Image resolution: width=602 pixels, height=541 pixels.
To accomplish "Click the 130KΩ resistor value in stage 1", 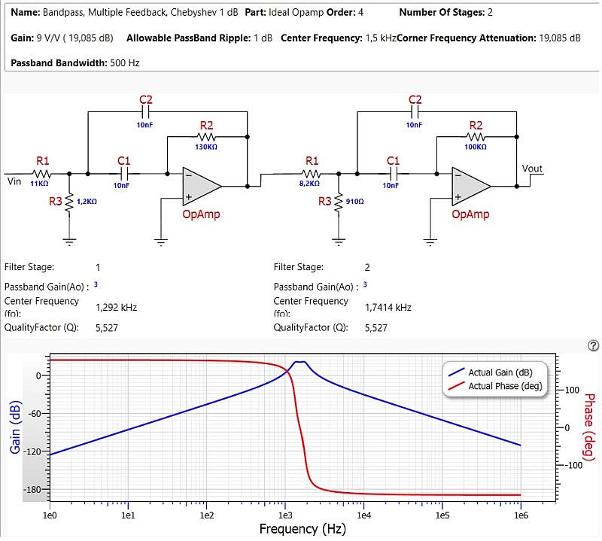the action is [206, 147].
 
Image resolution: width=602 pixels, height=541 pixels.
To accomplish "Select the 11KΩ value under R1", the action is [39, 184].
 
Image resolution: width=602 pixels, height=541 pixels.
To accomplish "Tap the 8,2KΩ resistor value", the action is [309, 184].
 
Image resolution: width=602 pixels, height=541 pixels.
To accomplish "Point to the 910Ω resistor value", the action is [354, 201].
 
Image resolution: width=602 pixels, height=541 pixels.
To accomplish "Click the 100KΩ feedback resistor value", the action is [476, 147].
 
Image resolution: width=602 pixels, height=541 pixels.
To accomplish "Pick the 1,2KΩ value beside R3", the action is [87, 201].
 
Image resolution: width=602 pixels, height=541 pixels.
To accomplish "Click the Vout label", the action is [532, 169].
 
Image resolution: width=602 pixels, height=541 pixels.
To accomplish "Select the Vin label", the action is [14, 181].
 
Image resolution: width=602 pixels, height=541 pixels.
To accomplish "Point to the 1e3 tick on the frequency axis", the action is [285, 515].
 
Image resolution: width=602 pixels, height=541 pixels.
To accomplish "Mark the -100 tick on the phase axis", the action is [573, 465].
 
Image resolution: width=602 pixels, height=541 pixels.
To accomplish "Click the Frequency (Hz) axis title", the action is [303, 529].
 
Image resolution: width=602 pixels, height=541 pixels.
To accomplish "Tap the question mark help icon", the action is [593, 345].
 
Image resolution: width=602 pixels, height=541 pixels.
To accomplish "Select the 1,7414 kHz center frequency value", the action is [388, 307].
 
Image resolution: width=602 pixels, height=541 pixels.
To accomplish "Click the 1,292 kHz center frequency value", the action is [117, 307].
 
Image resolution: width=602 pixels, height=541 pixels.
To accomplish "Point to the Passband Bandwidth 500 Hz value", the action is [125, 63].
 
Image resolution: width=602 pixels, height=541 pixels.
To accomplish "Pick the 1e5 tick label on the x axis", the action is [442, 515].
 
